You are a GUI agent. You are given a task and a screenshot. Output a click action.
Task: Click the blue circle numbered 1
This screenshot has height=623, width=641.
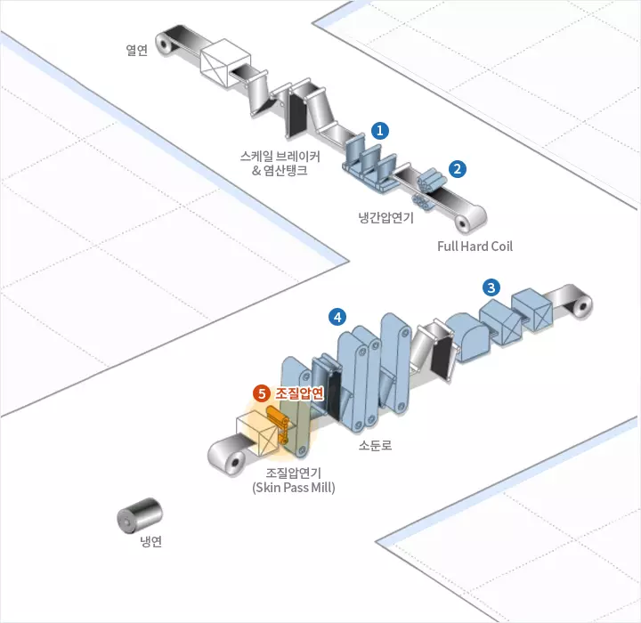380,130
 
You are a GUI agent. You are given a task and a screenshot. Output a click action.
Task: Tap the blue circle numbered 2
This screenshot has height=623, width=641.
457,167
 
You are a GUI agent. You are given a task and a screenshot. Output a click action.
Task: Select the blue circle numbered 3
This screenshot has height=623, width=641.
491,287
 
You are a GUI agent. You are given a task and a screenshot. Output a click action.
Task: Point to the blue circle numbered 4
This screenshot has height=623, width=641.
337,316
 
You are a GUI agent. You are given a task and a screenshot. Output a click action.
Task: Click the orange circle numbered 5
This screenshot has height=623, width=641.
262,392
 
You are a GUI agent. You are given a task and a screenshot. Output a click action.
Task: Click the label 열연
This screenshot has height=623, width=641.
136,50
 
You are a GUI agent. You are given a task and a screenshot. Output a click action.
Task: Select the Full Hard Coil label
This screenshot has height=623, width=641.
475,246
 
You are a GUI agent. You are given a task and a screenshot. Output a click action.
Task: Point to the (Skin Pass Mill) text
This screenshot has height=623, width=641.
293,488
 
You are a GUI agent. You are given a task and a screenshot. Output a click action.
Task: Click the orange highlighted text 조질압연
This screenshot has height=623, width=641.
299,392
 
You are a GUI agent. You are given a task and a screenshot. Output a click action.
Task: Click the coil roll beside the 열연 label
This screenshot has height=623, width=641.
166,43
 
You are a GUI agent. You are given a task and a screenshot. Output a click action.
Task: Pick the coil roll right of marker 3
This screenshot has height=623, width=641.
580,304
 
